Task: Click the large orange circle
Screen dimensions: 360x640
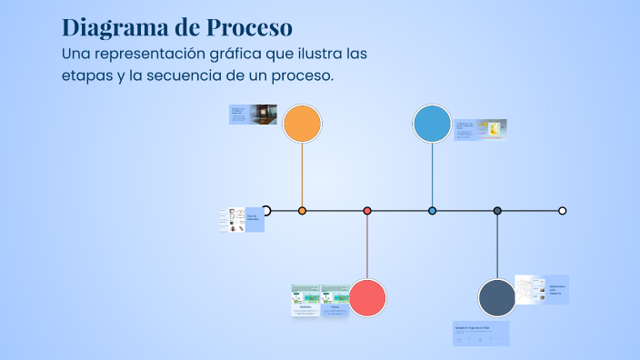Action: [x=302, y=124]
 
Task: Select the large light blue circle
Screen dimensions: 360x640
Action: [x=432, y=124]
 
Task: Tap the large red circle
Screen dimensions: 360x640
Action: [x=367, y=298]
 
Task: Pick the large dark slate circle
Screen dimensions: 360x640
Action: [x=497, y=298]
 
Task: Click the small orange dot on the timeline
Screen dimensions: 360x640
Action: [x=302, y=211]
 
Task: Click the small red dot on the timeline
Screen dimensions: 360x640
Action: [x=367, y=211]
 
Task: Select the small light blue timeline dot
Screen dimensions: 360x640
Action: [x=432, y=211]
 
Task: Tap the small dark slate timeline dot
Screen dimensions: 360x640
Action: [x=497, y=211]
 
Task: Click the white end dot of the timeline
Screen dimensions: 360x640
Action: [x=562, y=211]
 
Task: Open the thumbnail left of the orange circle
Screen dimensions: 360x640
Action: [x=253, y=115]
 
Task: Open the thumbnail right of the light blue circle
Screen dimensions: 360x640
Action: [x=480, y=130]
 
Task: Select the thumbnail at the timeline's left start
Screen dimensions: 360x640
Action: [x=242, y=220]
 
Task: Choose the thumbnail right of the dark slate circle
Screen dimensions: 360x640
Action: [x=542, y=289]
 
